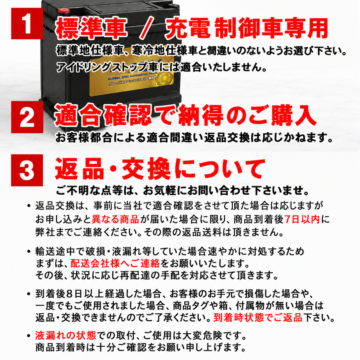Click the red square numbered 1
pyautogui.click(x=27, y=24)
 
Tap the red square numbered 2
pyautogui.click(x=27, y=117)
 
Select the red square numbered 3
pyautogui.click(x=27, y=170)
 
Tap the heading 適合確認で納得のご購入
pyautogui.click(x=185, y=116)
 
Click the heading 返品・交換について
pyautogui.click(x=160, y=169)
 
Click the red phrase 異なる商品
pyautogui.click(x=115, y=220)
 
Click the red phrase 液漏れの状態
pyautogui.click(x=66, y=336)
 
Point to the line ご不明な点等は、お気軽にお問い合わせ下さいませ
pyautogui.click(x=182, y=191)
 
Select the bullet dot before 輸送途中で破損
pyautogui.click(x=29, y=251)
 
